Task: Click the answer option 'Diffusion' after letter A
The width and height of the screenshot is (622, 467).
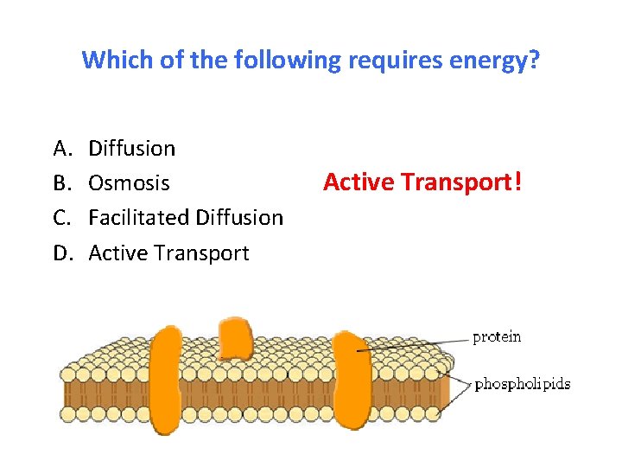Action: coord(132,149)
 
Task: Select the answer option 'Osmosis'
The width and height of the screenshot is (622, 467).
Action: coord(130,183)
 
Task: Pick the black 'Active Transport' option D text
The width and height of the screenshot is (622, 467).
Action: coord(168,253)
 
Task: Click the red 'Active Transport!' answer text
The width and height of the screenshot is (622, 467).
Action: coord(422,182)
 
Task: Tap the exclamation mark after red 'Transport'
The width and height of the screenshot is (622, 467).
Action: coord(517,182)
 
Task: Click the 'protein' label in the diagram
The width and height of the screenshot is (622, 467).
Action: coord(497,337)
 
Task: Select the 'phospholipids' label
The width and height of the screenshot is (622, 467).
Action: coord(523,384)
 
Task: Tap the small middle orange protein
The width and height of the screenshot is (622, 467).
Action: coord(234,339)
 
